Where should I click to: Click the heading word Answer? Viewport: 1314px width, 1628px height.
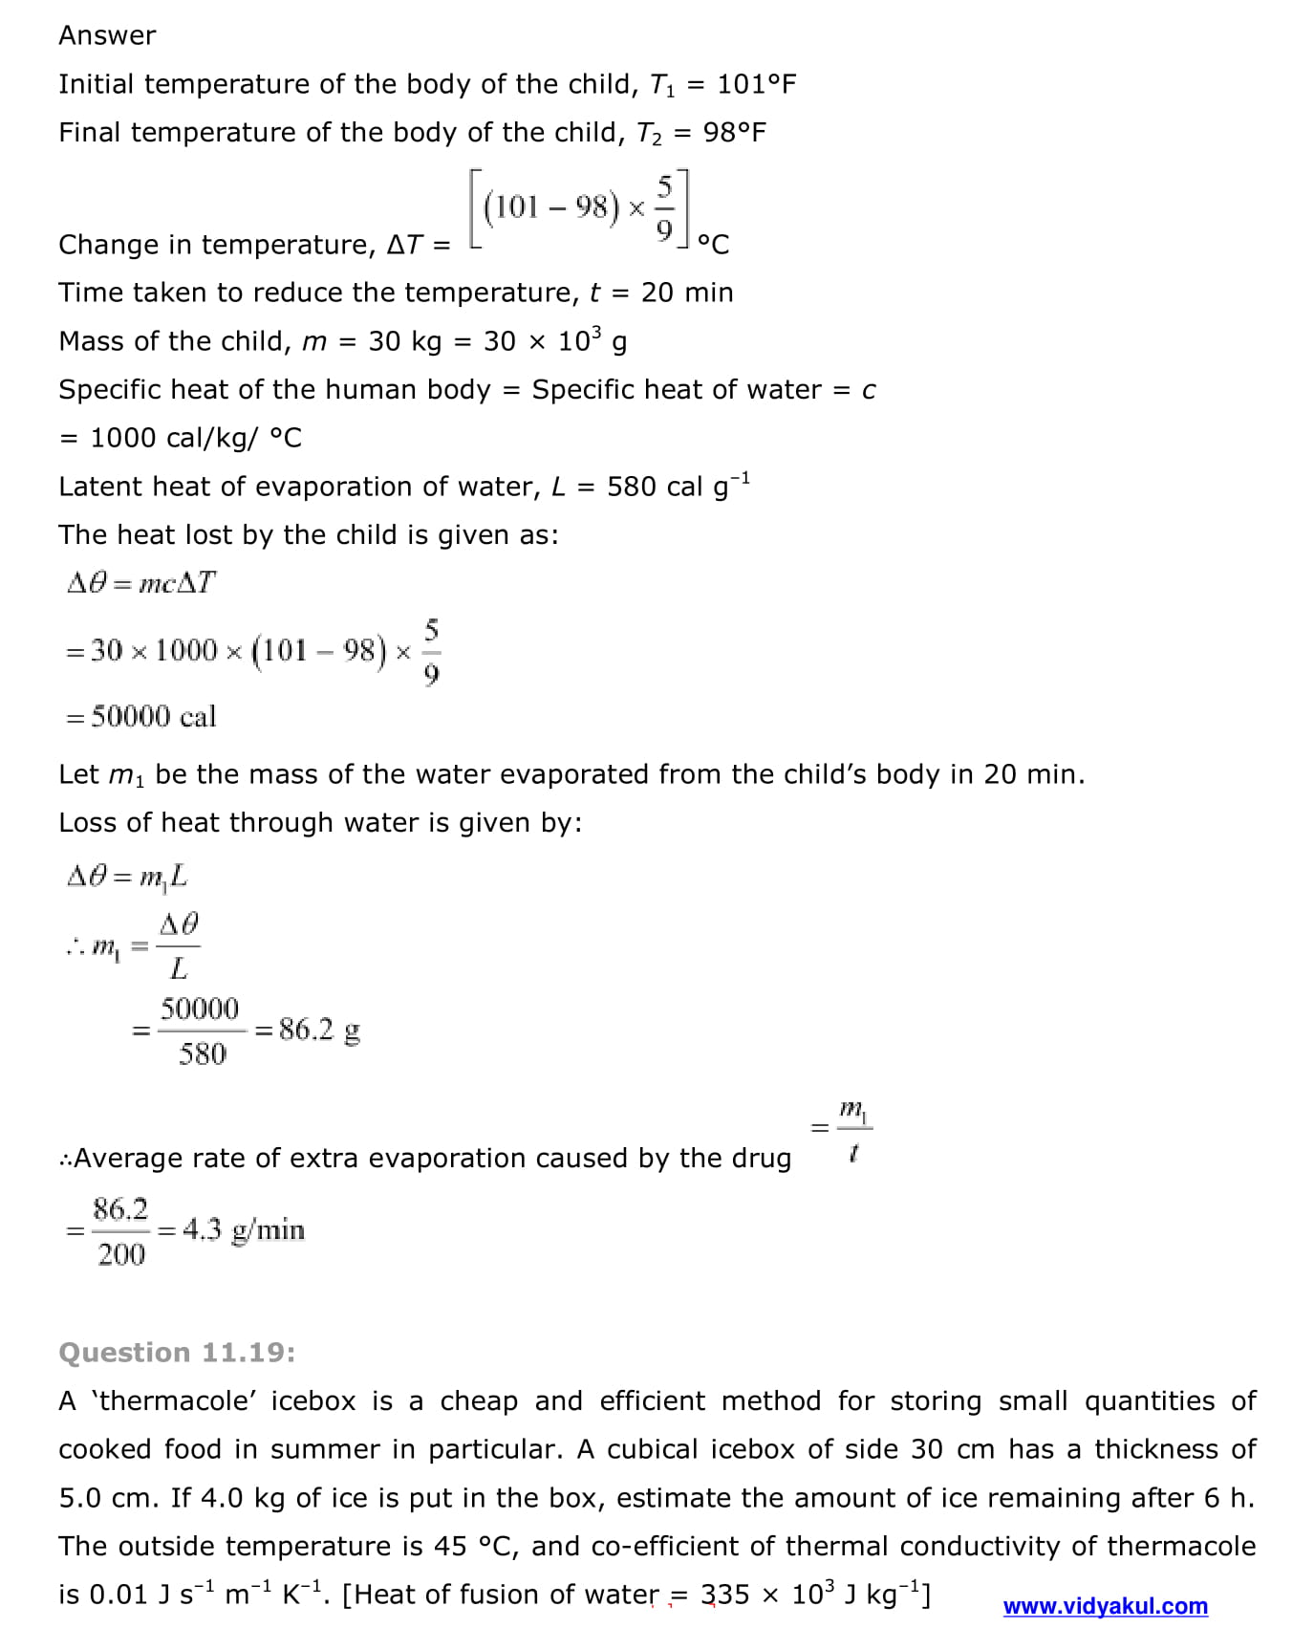click(107, 35)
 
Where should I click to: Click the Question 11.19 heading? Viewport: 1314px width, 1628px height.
click(177, 1352)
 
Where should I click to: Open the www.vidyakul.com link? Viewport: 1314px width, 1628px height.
click(1105, 1606)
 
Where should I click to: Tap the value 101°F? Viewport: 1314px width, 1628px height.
click(756, 84)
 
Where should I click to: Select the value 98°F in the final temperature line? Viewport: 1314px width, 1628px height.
click(734, 132)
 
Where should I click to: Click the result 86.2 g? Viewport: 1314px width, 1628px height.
click(319, 1030)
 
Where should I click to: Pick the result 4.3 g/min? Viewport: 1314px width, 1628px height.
click(244, 1229)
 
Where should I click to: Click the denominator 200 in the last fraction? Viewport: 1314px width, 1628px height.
click(121, 1254)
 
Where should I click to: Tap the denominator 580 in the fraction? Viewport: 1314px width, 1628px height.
click(203, 1053)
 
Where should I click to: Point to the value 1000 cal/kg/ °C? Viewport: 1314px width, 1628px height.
click(196, 438)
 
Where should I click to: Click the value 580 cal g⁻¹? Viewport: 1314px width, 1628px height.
click(679, 486)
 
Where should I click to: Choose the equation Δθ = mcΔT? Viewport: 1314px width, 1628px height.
click(141, 583)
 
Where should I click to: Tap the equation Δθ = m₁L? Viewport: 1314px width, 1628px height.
click(127, 876)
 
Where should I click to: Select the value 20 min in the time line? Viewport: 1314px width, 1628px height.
click(687, 293)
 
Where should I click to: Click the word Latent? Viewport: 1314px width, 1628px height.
click(101, 487)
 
